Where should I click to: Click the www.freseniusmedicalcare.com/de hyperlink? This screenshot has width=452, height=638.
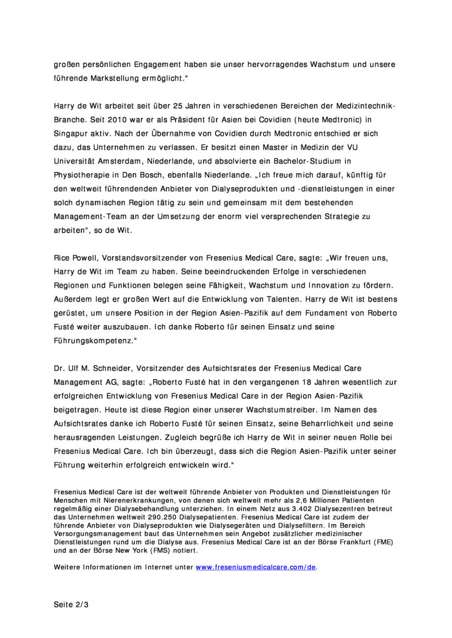tap(256, 567)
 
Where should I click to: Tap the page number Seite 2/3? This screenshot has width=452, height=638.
tap(71, 604)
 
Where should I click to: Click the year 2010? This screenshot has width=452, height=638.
tap(117, 120)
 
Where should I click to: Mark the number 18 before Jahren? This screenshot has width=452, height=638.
tap(307, 382)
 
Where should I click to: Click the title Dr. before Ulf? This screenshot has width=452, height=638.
tap(59, 368)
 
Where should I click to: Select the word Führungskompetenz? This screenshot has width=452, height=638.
tap(94, 341)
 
